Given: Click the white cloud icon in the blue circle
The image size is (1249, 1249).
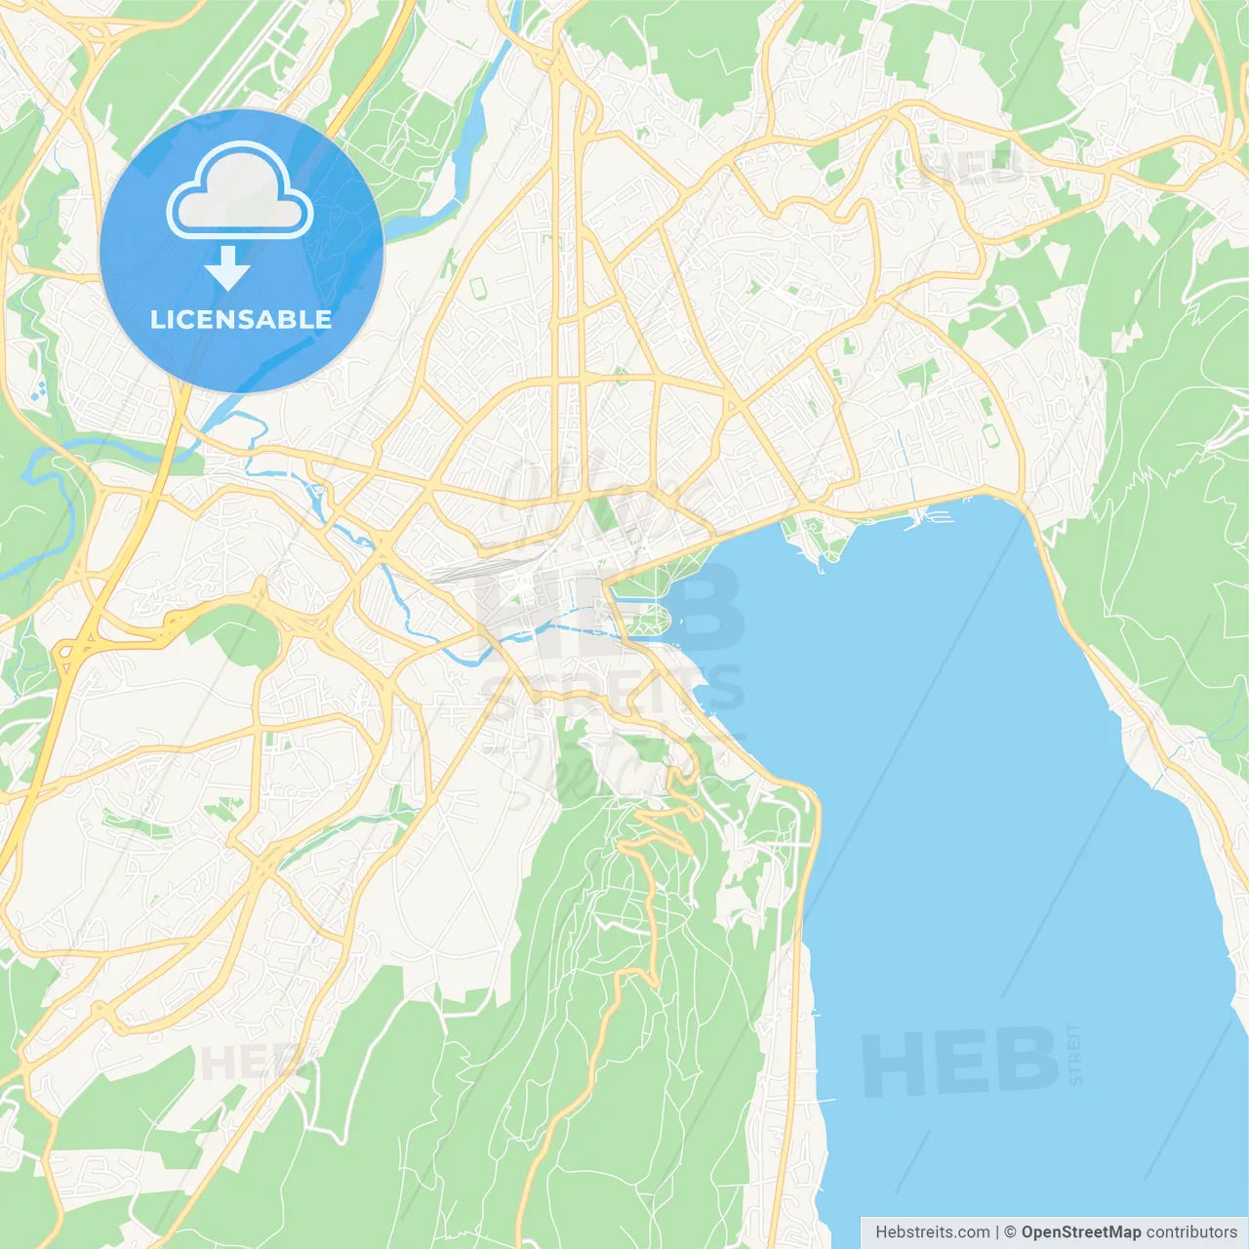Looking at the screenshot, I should coord(239,192).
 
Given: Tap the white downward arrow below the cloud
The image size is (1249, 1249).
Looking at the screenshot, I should coord(227,268).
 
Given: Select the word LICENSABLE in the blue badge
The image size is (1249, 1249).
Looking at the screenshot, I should coord(241,319).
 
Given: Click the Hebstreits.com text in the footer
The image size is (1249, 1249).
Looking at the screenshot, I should coord(932,1232).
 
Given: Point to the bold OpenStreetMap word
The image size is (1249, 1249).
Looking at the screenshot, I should coord(1080,1232).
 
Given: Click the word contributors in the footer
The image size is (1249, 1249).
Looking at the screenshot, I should coord(1190,1232).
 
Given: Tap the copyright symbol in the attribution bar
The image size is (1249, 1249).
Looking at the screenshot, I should coord(1010,1232).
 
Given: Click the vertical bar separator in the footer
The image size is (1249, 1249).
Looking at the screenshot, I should coord(997,1232).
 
